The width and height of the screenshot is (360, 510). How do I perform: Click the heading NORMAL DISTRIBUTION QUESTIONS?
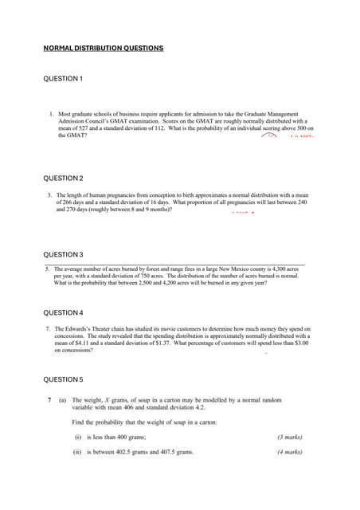coord(103,49)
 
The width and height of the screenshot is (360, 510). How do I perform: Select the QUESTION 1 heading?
coord(63,79)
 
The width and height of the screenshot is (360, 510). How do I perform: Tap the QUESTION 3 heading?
coord(63,254)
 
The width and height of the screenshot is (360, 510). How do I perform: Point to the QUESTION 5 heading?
coord(63,379)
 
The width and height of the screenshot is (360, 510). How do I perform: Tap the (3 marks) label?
coord(290,437)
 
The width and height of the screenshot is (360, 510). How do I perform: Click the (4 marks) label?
coord(290,453)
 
